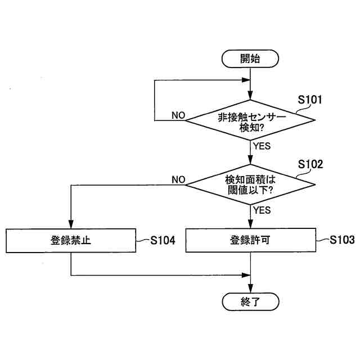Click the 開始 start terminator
(250, 58)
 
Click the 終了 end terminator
(250, 301)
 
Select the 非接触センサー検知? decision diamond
(250, 120)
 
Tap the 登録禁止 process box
(71, 240)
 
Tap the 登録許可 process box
(250, 240)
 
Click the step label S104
(163, 241)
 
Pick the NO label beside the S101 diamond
(178, 115)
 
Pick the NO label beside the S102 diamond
(178, 179)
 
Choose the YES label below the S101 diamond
(262, 146)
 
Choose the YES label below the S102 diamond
(262, 210)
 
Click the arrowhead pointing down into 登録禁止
(71, 225)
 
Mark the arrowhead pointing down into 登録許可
(250, 225)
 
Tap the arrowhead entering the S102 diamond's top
(250, 161)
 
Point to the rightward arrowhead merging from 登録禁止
(246, 276)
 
